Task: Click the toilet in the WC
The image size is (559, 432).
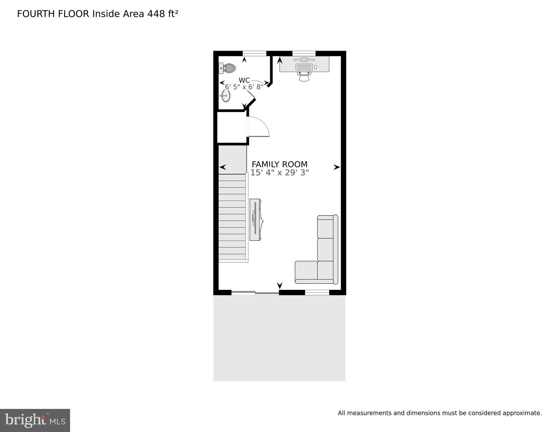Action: coord(228,68)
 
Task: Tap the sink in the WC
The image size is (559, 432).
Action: coord(226,96)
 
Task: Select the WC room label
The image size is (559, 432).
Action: coord(244,80)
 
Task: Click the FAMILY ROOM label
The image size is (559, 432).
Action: coord(279,164)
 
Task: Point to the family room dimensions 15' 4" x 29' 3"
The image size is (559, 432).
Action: coord(279,173)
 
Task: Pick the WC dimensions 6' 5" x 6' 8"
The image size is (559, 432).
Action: coord(244,87)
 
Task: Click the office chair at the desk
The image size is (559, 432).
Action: coord(304,76)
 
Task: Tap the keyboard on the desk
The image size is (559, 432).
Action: coord(304,67)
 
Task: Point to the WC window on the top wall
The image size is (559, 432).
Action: coord(254,53)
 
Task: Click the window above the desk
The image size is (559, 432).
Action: coord(304,53)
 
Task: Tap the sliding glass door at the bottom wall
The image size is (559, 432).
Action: coord(255,293)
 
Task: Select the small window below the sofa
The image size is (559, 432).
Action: coord(317,293)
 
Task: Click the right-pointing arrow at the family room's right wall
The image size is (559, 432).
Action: coord(336,167)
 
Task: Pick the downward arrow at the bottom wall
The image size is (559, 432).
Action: coord(280,285)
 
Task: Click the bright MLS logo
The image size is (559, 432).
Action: coord(35,420)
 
